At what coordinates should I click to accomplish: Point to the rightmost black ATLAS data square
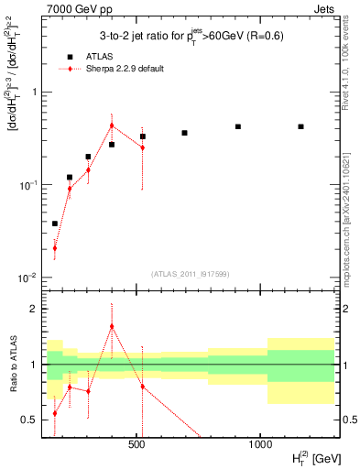[x=300, y=126]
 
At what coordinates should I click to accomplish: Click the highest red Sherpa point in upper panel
[x=112, y=125]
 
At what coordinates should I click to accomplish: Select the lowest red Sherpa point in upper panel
[x=55, y=247]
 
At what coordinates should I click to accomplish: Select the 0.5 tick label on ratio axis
[x=31, y=420]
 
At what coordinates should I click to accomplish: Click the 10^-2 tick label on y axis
[x=27, y=278]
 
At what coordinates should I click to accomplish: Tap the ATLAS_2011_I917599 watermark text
[x=190, y=273]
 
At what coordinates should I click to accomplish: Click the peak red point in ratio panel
[x=112, y=326]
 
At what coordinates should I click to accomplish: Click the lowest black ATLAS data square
[x=55, y=224]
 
